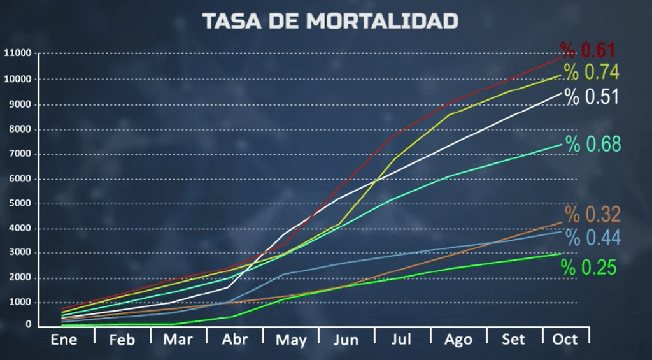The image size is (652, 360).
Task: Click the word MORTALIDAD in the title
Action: [381, 21]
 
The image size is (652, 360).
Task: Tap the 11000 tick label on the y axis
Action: [17, 53]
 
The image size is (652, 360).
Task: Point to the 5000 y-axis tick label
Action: [20, 204]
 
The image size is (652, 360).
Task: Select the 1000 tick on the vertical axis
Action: [20, 303]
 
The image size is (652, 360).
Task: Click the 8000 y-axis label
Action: [20, 129]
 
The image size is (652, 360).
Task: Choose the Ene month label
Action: [64, 339]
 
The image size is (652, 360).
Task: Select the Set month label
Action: [514, 339]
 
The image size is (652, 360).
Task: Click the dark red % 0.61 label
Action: [587, 50]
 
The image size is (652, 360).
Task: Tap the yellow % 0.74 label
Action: [591, 72]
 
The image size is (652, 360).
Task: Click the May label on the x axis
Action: [291, 340]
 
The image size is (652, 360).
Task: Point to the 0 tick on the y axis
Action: [29, 324]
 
